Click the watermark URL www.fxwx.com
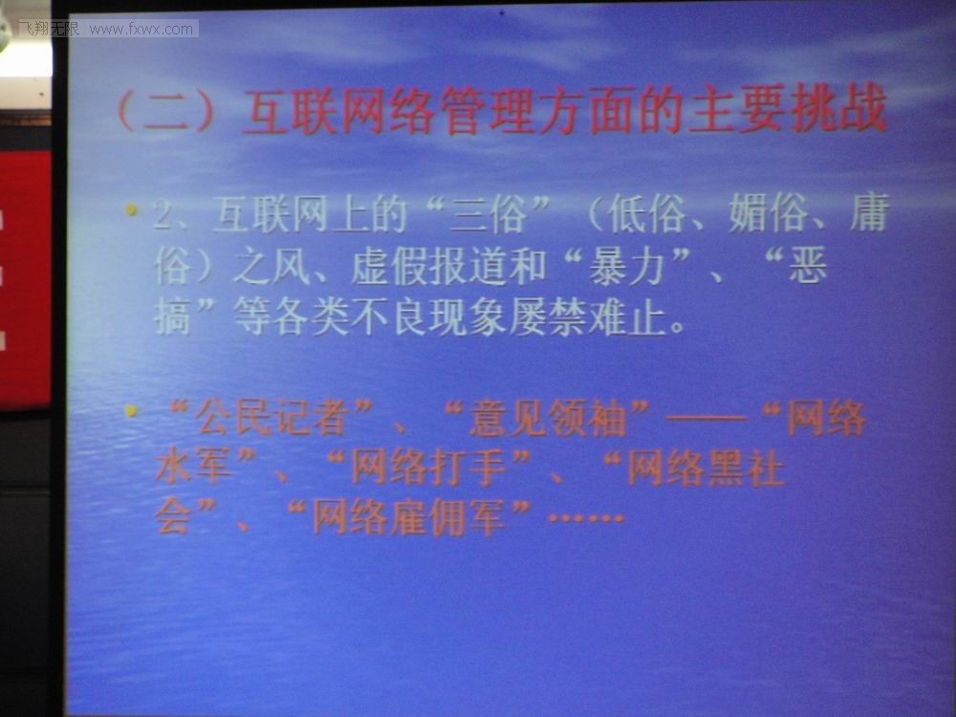point(141,30)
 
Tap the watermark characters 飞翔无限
point(50,29)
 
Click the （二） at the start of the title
point(165,110)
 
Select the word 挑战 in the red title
point(837,110)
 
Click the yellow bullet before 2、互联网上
point(131,209)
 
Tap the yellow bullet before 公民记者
point(131,410)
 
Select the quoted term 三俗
point(488,213)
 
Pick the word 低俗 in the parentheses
point(645,213)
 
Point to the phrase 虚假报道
point(430,267)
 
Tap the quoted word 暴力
point(627,267)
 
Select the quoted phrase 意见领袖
point(546,419)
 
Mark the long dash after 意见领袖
point(706,419)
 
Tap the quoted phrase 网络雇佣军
point(408,517)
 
